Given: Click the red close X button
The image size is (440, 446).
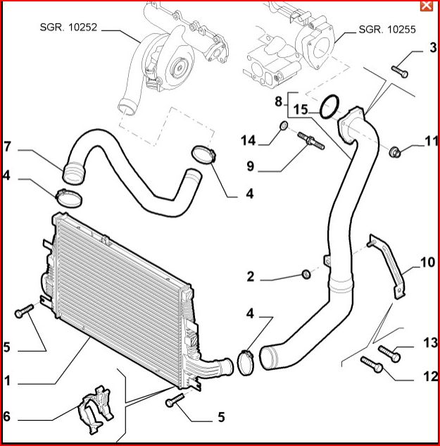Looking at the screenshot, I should [x=425, y=6].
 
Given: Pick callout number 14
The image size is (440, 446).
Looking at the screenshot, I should [x=248, y=140].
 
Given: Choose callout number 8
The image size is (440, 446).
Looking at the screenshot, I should [x=279, y=101].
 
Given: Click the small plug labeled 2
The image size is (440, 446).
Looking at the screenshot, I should [x=306, y=273].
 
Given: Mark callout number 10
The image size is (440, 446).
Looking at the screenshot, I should [x=429, y=263].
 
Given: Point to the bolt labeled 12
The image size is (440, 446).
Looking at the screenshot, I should [x=371, y=364].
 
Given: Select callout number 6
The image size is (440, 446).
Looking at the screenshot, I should [x=7, y=416].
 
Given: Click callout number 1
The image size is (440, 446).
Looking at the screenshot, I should [x=7, y=380].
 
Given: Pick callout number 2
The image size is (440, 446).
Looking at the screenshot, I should [x=251, y=276].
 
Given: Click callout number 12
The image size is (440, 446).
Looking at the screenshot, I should [x=430, y=377].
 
